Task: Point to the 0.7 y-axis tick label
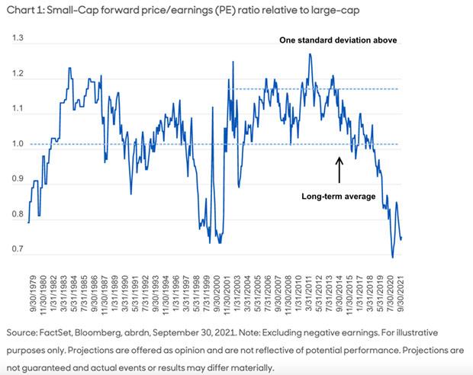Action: tap(18, 250)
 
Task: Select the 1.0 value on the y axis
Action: tap(18, 144)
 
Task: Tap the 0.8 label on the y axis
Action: tap(18, 215)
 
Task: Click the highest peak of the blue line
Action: tap(310, 54)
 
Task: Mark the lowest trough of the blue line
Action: tap(393, 258)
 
